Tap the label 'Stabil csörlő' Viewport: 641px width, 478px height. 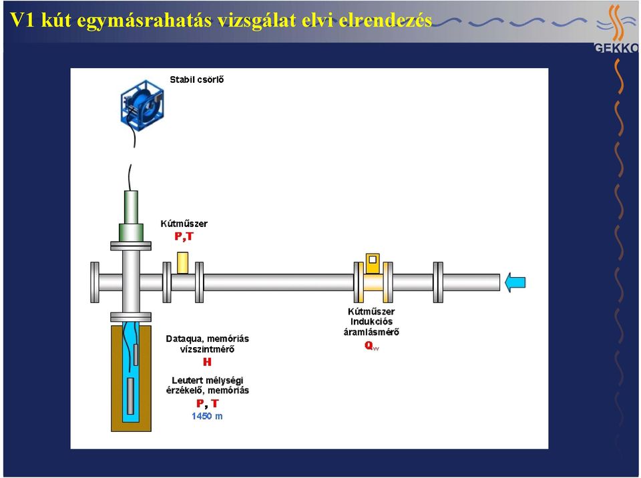[196, 79]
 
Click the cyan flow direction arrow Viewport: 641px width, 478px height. [515, 282]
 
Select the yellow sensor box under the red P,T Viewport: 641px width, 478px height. [183, 262]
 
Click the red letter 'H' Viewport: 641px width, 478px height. [207, 362]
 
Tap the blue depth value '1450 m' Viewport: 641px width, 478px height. [207, 417]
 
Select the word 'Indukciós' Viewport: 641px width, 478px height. [371, 322]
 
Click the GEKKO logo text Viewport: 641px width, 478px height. [616, 48]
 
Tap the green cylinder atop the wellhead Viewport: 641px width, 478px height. [131, 216]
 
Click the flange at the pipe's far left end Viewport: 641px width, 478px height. [94, 282]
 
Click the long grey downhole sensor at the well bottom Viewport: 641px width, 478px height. [130, 397]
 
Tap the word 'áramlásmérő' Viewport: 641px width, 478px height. [371, 332]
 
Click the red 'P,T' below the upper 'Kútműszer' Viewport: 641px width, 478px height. [184, 236]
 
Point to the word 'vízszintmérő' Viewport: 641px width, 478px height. [207, 350]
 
